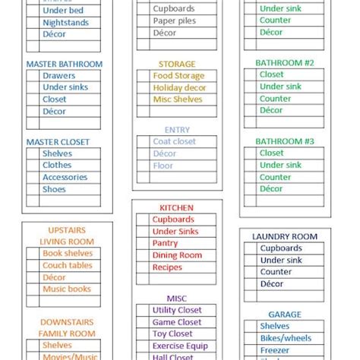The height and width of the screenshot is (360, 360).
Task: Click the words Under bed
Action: [63, 11]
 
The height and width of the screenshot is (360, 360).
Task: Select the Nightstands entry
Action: [65, 23]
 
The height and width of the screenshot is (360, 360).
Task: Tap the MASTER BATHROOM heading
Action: [64, 65]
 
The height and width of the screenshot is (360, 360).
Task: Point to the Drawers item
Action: [58, 76]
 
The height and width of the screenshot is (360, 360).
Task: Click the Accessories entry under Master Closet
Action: [65, 178]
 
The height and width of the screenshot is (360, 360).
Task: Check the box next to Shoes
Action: [33, 189]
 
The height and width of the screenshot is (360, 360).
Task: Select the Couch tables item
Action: [68, 266]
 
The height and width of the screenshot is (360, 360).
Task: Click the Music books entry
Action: [67, 289]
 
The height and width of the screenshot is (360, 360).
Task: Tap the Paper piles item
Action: [175, 21]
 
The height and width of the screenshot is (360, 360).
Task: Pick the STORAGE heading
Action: [177, 65]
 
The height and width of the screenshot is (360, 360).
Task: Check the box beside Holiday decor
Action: [143, 88]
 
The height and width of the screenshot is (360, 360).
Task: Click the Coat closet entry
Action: [174, 141]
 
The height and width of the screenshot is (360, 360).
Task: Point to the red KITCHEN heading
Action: [176, 208]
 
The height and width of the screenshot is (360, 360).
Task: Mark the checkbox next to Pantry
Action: [143, 243]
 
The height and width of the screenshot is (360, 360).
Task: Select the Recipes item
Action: [167, 267]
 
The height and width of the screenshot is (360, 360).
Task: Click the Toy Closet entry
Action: [172, 334]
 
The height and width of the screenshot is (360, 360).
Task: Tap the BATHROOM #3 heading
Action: [284, 141]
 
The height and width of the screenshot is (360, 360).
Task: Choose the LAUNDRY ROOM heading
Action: [285, 237]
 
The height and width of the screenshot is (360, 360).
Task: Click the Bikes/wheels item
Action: [286, 338]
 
